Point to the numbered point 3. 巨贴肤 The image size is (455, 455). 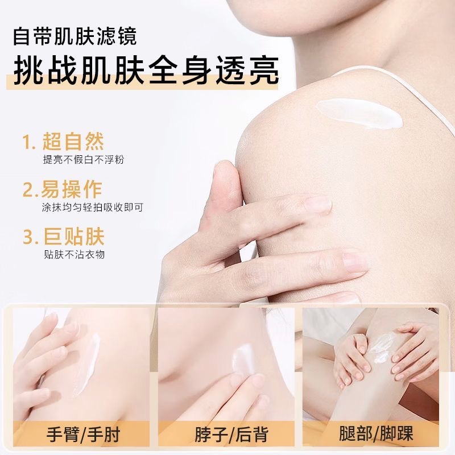pyautogui.click(x=63, y=237)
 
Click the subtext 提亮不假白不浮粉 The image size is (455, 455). pyautogui.click(x=84, y=160)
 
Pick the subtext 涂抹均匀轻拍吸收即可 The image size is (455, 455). pyautogui.click(x=92, y=208)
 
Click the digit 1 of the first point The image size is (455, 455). pyautogui.click(x=26, y=142)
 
